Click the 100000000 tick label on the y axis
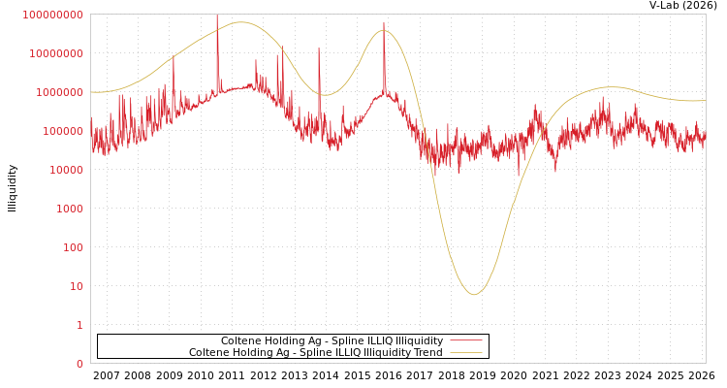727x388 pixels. coord(52,15)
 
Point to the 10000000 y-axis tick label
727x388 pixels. coord(55,53)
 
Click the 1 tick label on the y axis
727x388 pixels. coord(79,325)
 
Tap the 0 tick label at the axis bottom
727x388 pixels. coord(79,364)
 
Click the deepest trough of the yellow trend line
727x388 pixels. coord(474,295)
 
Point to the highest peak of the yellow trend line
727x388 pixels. coord(240,22)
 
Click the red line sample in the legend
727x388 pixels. coord(466,340)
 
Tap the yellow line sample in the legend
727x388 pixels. coord(466,352)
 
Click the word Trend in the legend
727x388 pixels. coord(427,352)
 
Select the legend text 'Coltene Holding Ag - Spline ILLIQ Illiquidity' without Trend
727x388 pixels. coord(332,340)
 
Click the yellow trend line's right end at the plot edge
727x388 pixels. coord(705,101)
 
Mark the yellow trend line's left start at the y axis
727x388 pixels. coord(91,92)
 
